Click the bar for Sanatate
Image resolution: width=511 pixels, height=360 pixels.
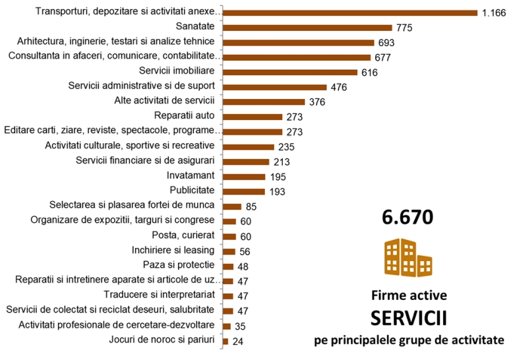coord(308,27)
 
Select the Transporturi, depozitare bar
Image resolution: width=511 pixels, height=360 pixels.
coord(350,12)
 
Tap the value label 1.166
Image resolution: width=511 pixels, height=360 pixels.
coord(493,13)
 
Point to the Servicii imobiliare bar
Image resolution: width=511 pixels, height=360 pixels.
coord(290,72)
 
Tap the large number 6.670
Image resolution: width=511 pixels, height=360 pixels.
coord(407,217)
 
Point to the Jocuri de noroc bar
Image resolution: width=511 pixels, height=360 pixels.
coord(225,341)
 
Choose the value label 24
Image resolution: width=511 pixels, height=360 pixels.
coord(237,342)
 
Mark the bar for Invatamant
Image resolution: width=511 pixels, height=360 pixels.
coord(244,177)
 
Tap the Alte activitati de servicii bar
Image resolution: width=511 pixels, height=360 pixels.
coord(264,102)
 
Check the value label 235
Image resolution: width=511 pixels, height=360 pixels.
coord(287,147)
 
